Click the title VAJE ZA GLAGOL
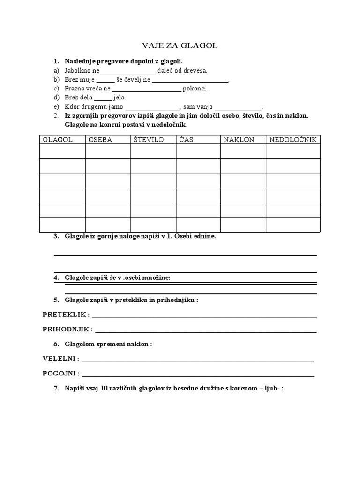pos(180,45)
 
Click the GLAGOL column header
pos(58,140)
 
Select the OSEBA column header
pos(100,140)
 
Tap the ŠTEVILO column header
pos(148,140)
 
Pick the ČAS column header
pos(186,140)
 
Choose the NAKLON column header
pos(239,140)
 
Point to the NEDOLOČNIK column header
pos(293,140)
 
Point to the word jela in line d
pos(120,97)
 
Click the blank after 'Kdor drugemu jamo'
pos(152,107)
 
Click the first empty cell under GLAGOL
pos(62,151)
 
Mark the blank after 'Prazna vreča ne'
pos(147,89)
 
